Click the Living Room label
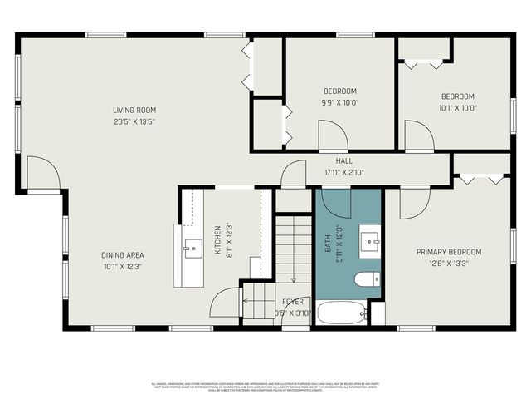click(x=134, y=111)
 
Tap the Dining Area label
click(x=123, y=255)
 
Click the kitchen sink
click(x=192, y=246)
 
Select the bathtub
click(x=341, y=313)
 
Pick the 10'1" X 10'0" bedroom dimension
click(x=457, y=107)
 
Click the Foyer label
click(x=292, y=302)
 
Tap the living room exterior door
click(x=42, y=174)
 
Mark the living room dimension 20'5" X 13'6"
click(x=134, y=121)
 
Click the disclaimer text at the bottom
click(x=265, y=387)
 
